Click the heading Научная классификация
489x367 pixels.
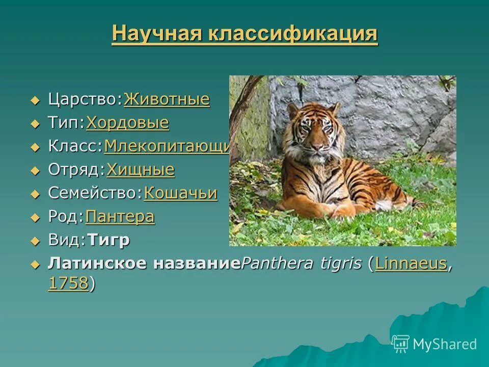244,35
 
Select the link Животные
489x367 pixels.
167,99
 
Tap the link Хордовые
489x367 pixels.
127,123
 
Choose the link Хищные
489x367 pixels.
141,170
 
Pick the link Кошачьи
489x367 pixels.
180,193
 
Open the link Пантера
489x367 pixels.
120,217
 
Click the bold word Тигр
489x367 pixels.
108,240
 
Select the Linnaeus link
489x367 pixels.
411,264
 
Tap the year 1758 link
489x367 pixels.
68,284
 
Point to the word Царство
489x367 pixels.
84,99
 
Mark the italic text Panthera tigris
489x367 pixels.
302,264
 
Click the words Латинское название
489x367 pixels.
144,264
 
